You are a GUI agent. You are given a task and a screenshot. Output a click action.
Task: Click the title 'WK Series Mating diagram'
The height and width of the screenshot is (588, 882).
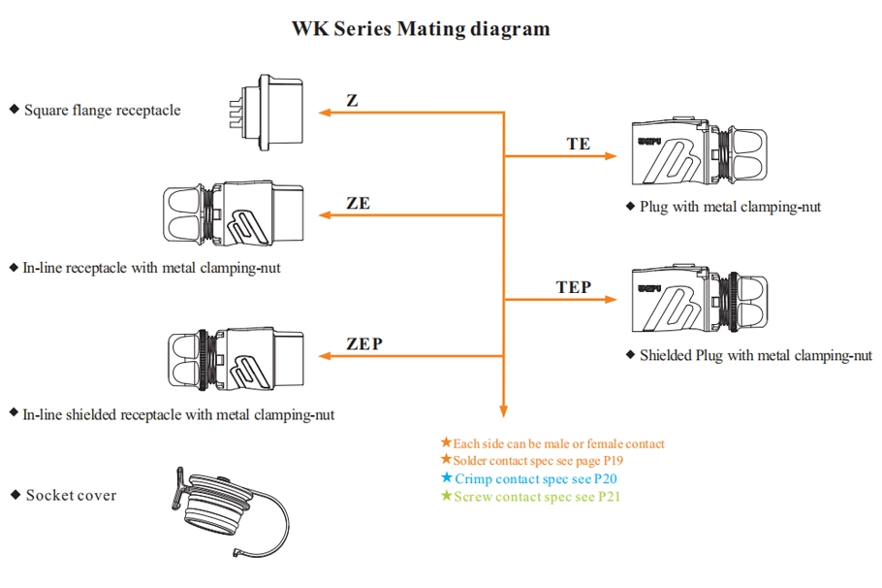pyautogui.click(x=421, y=28)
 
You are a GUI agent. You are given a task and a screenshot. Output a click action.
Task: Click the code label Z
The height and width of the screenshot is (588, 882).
pyautogui.click(x=352, y=101)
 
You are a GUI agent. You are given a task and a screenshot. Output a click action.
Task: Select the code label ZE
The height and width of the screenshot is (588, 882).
pyautogui.click(x=358, y=204)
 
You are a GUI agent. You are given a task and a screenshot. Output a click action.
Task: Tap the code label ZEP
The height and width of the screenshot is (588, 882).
pyautogui.click(x=364, y=343)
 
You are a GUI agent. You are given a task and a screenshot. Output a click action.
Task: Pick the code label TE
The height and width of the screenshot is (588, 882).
pyautogui.click(x=578, y=144)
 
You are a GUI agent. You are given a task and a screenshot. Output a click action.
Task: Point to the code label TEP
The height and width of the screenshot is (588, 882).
pyautogui.click(x=574, y=287)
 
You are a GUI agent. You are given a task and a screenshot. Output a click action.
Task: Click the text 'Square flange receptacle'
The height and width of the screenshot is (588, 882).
pyautogui.click(x=102, y=111)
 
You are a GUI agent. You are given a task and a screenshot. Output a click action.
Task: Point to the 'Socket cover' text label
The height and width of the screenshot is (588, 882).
pyautogui.click(x=71, y=496)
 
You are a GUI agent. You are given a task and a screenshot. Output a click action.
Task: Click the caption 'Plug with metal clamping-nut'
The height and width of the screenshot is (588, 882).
pyautogui.click(x=730, y=207)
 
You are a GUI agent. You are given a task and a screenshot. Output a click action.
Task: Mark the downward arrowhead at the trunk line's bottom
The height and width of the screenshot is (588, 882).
pyautogui.click(x=503, y=411)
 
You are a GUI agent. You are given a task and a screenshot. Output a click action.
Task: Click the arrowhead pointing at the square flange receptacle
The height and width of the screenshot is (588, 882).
pyautogui.click(x=325, y=114)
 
